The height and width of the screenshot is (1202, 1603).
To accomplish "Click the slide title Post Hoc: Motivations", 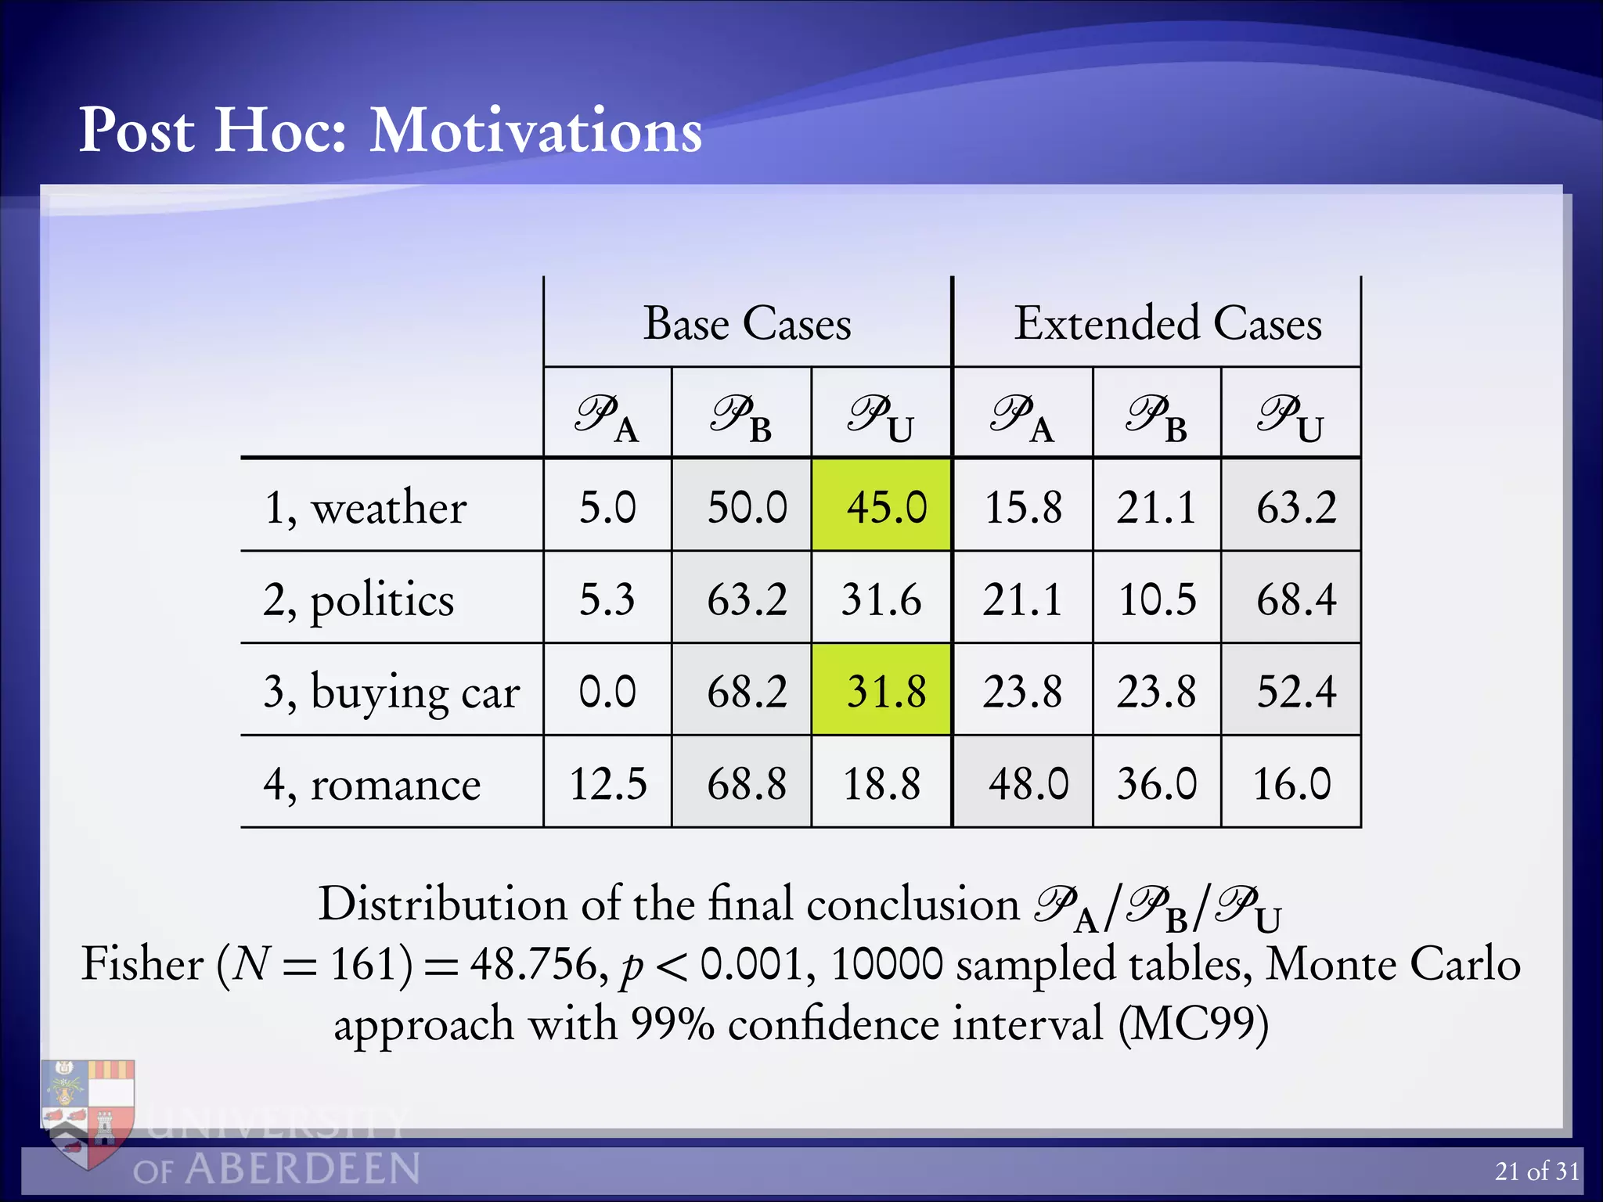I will point(391,131).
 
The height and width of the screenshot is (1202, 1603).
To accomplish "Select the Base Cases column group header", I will point(747,323).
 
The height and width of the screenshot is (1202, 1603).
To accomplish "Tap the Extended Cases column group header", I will point(1168,323).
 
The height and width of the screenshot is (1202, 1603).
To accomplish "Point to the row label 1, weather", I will point(366,507).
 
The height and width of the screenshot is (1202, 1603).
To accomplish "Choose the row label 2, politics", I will point(358,600).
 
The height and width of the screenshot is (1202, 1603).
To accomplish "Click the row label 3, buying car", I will point(391,693).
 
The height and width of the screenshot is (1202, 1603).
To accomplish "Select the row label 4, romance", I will point(372,784).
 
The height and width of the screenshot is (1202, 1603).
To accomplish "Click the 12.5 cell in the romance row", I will point(608,783).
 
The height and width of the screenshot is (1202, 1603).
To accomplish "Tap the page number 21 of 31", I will point(1536,1171).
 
